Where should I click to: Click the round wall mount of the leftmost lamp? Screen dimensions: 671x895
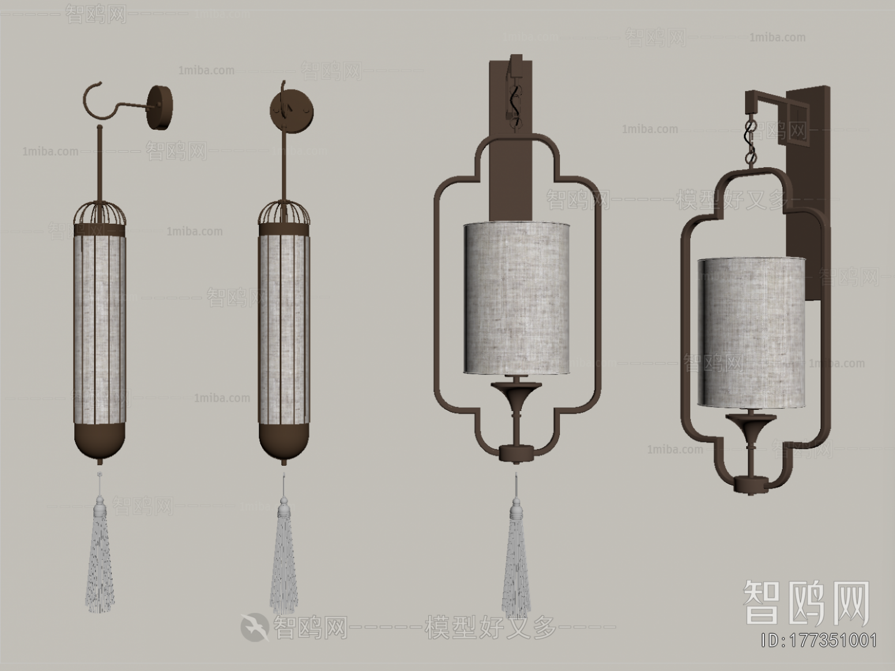pos(161,107)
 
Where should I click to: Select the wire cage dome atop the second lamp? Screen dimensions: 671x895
pos(284,213)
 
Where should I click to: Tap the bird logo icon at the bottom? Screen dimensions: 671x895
pos(254,627)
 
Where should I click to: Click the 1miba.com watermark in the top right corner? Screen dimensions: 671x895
pos(777,37)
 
